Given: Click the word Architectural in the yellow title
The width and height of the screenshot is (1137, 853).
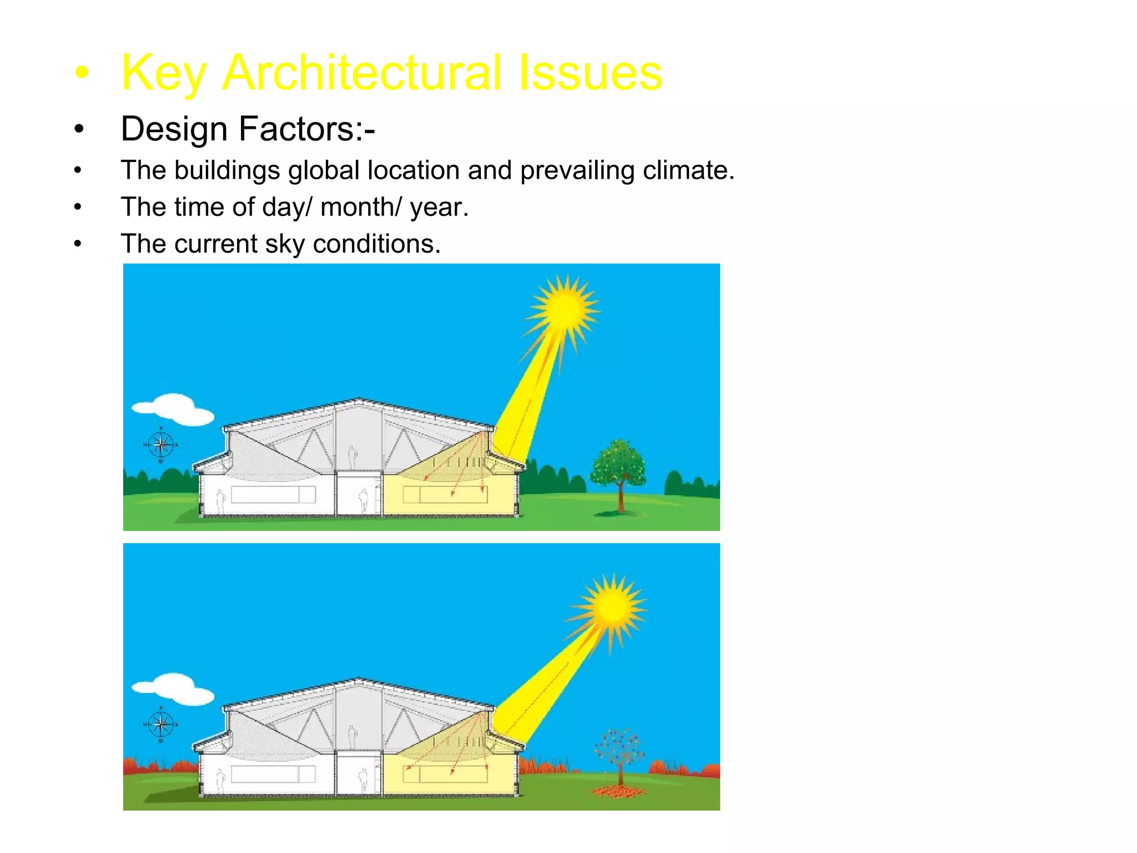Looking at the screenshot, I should click(x=361, y=72).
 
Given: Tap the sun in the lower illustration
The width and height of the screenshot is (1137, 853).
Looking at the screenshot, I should click(x=612, y=606).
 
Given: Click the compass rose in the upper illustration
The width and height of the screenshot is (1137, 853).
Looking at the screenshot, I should click(x=161, y=444).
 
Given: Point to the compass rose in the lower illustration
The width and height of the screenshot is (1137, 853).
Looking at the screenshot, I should click(x=161, y=724).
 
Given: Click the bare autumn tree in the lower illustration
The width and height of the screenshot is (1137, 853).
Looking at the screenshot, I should click(x=619, y=750).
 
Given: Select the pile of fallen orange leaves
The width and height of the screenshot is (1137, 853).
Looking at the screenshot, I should click(x=618, y=791).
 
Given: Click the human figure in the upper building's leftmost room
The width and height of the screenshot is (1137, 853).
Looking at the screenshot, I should click(x=221, y=501).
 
